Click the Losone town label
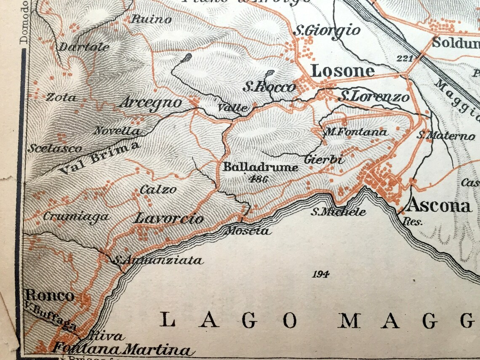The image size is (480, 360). click(x=342, y=71)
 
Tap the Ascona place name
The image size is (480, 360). click(x=439, y=205)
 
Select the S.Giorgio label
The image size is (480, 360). click(x=327, y=30)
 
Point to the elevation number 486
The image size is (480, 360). click(x=258, y=179)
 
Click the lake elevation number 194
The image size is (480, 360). click(x=320, y=275)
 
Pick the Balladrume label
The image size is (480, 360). click(x=261, y=167)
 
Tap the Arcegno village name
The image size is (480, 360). click(x=151, y=103)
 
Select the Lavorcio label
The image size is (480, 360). click(x=168, y=219)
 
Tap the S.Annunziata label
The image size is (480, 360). click(x=158, y=261)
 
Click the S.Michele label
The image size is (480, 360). click(x=338, y=212)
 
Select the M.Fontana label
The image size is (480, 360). click(x=355, y=132)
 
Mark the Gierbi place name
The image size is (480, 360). click(x=324, y=160)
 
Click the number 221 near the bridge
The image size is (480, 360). click(x=405, y=58)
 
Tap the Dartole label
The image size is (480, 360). click(x=84, y=47)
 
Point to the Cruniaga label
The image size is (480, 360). click(x=76, y=217)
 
